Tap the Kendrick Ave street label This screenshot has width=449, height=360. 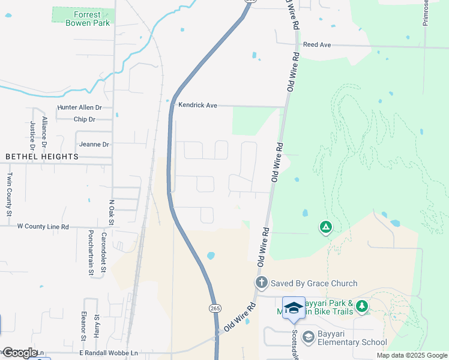coord(197,105)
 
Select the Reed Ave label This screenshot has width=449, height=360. coord(317,45)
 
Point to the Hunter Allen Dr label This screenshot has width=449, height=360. coord(80,107)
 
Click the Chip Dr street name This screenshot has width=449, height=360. coord(84,119)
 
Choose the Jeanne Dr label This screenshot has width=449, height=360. coord(94,145)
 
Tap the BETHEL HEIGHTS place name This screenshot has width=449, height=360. coord(42,157)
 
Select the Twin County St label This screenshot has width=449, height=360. coord(10,194)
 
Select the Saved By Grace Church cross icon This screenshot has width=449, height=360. coord(261,283)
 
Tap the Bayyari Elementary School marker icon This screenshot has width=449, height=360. coord(309,337)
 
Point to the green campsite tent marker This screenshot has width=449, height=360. coord(325,227)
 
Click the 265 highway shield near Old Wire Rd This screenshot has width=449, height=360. coord(215,308)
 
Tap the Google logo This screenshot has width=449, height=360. coord(19,353)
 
